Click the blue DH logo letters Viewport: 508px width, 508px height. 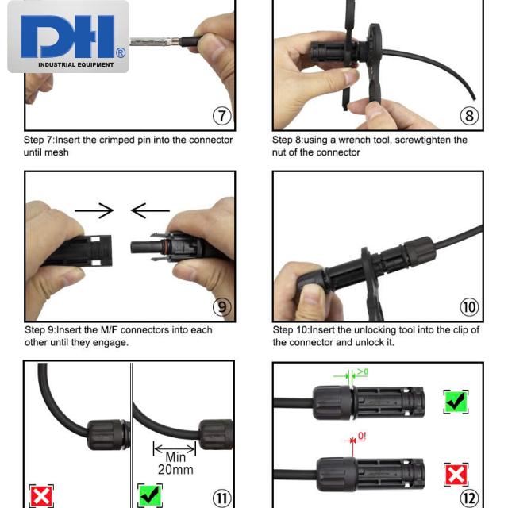(x=67, y=37)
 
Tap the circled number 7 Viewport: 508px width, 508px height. (x=222, y=116)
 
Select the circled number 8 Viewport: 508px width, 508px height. (x=469, y=116)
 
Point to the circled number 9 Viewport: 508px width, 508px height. (x=222, y=307)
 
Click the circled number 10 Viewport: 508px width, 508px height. (x=469, y=307)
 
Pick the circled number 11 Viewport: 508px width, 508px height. (x=222, y=498)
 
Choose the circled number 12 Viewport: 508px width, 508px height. (x=469, y=498)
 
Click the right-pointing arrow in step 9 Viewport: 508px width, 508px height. (x=94, y=210)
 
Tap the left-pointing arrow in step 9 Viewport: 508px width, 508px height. (x=150, y=210)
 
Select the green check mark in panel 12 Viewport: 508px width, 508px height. (x=456, y=402)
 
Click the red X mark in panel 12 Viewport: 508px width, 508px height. (x=456, y=475)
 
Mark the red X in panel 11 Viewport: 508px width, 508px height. (x=41, y=496)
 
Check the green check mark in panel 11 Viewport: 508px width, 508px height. (x=150, y=495)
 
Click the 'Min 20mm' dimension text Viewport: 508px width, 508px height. (x=175, y=464)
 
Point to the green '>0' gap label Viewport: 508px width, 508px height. (x=363, y=371)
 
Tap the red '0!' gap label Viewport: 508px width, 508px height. (x=362, y=436)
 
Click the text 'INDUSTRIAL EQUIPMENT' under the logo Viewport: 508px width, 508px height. (x=76, y=65)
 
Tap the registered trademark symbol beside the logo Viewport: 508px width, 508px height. (x=121, y=52)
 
